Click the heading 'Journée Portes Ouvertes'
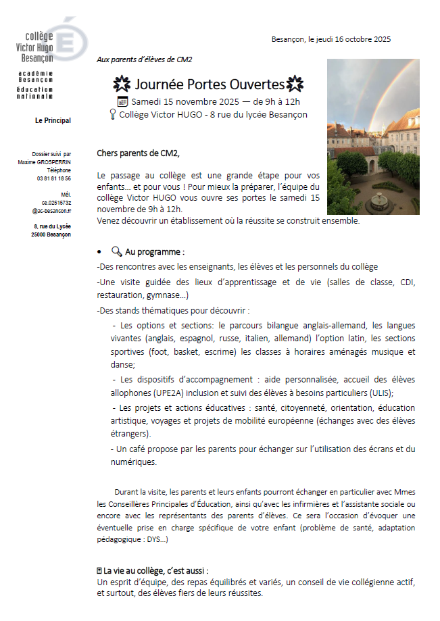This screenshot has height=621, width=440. click(x=209, y=84)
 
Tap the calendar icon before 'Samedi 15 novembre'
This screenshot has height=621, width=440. click(x=122, y=101)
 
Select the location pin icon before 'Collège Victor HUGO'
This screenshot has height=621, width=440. click(x=112, y=115)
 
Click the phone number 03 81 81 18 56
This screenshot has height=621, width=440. click(x=54, y=178)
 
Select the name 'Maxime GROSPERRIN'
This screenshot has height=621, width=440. click(x=45, y=162)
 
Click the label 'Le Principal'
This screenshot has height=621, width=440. click(x=53, y=121)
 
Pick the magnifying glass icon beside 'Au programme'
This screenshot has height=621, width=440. click(x=116, y=251)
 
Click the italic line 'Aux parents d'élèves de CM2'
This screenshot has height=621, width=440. click(x=145, y=59)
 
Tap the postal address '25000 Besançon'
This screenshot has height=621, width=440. click(x=51, y=234)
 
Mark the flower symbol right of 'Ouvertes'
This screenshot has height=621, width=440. click(x=295, y=84)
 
